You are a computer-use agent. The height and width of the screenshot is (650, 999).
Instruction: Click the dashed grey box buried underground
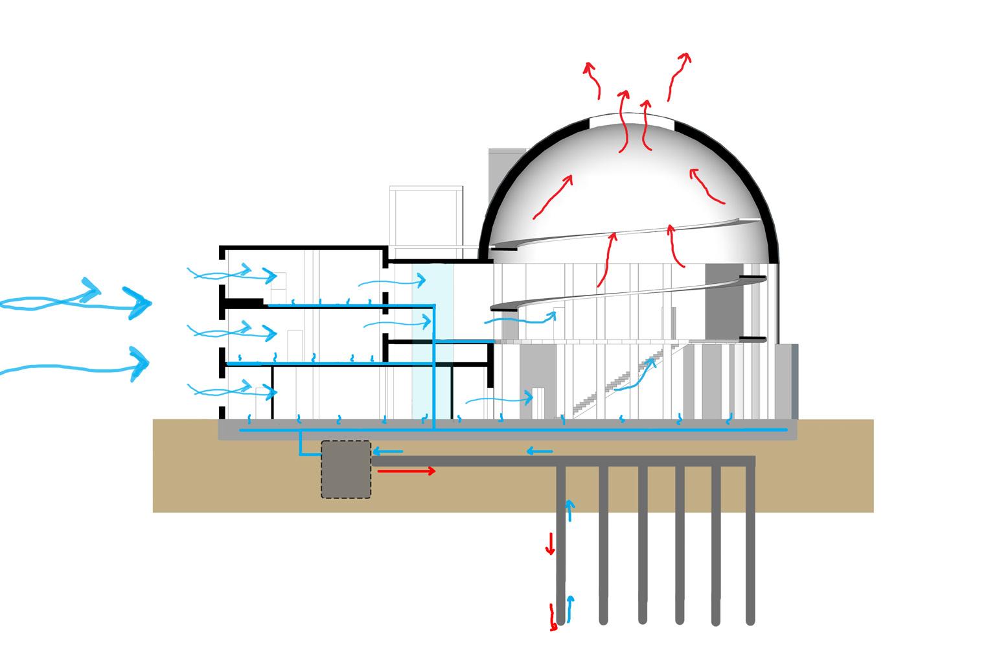click(346, 469)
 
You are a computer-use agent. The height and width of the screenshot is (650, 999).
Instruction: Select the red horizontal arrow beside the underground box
click(406, 471)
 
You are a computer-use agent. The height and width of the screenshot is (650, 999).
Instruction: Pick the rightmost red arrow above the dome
click(678, 75)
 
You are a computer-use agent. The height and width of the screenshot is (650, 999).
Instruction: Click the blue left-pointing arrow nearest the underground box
click(387, 451)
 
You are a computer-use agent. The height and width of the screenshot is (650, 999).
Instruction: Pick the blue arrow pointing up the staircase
click(635, 377)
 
